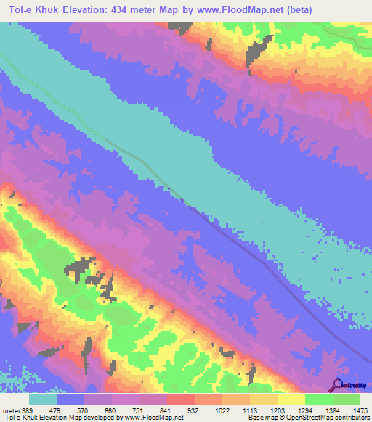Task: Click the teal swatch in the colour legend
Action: [43, 400]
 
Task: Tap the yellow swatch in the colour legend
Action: [291, 400]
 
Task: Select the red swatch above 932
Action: [180, 400]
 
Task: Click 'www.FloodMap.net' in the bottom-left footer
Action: [153, 418]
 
